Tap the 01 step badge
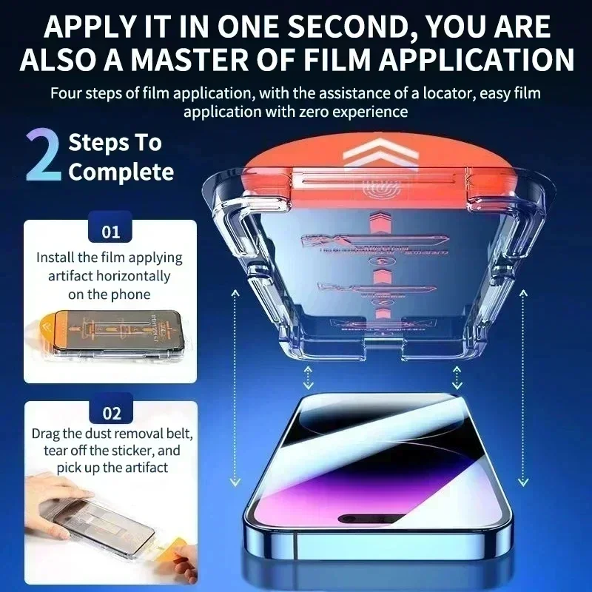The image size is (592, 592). pyautogui.click(x=110, y=232)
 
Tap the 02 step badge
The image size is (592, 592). pyautogui.click(x=110, y=413)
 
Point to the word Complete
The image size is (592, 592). pyautogui.click(x=121, y=172)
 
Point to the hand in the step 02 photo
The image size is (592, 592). pyautogui.click(x=55, y=488)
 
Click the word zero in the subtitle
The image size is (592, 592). pyautogui.click(x=326, y=112)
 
